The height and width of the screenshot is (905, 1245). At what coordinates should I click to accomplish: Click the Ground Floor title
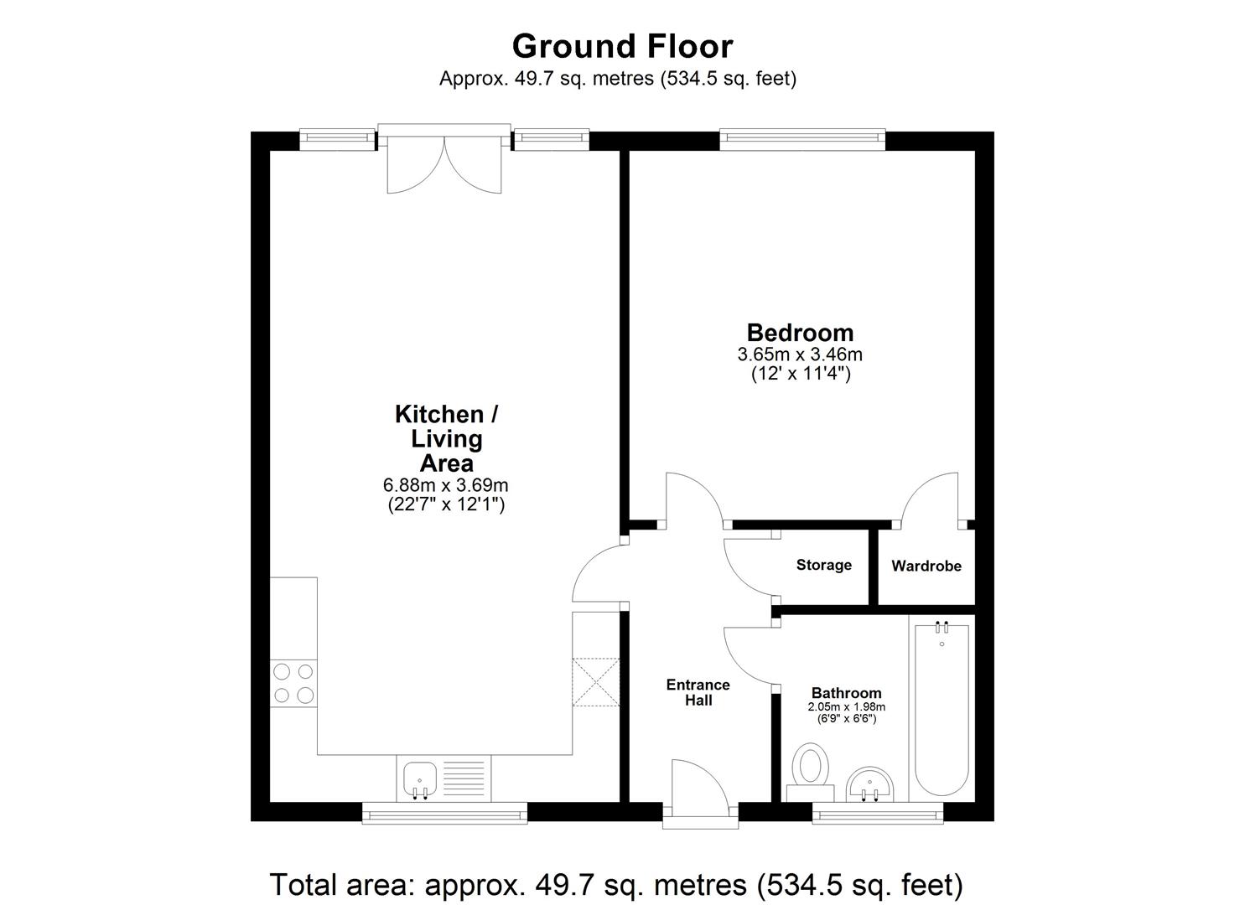coord(622,45)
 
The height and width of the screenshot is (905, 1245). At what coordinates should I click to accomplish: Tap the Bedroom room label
coord(800,333)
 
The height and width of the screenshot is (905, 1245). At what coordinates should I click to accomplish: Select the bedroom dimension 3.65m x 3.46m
coord(800,354)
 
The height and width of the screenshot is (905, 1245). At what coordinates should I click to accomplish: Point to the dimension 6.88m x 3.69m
coord(446,485)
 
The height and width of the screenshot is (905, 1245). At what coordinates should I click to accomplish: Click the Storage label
coord(823,565)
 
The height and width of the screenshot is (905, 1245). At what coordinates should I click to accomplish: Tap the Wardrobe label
coord(926,566)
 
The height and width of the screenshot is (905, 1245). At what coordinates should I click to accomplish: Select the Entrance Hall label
coord(698,692)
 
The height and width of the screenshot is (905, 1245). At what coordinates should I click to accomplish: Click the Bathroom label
coord(846,693)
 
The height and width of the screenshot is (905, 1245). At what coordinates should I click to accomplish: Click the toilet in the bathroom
coord(811,770)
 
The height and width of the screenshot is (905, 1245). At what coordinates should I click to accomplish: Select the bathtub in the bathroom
coord(942,708)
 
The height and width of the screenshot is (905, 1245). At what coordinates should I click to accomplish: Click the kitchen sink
coord(418,778)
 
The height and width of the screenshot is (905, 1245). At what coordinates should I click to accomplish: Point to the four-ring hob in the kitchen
coord(293,683)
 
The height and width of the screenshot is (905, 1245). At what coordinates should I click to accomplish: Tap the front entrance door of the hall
coord(700,792)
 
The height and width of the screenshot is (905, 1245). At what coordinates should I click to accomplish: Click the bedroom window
coord(801,140)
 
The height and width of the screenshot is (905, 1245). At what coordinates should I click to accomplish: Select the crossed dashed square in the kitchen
coord(595,682)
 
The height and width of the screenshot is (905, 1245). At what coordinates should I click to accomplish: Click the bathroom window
coord(878,812)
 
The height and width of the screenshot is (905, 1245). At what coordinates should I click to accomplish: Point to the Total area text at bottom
coord(615,884)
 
